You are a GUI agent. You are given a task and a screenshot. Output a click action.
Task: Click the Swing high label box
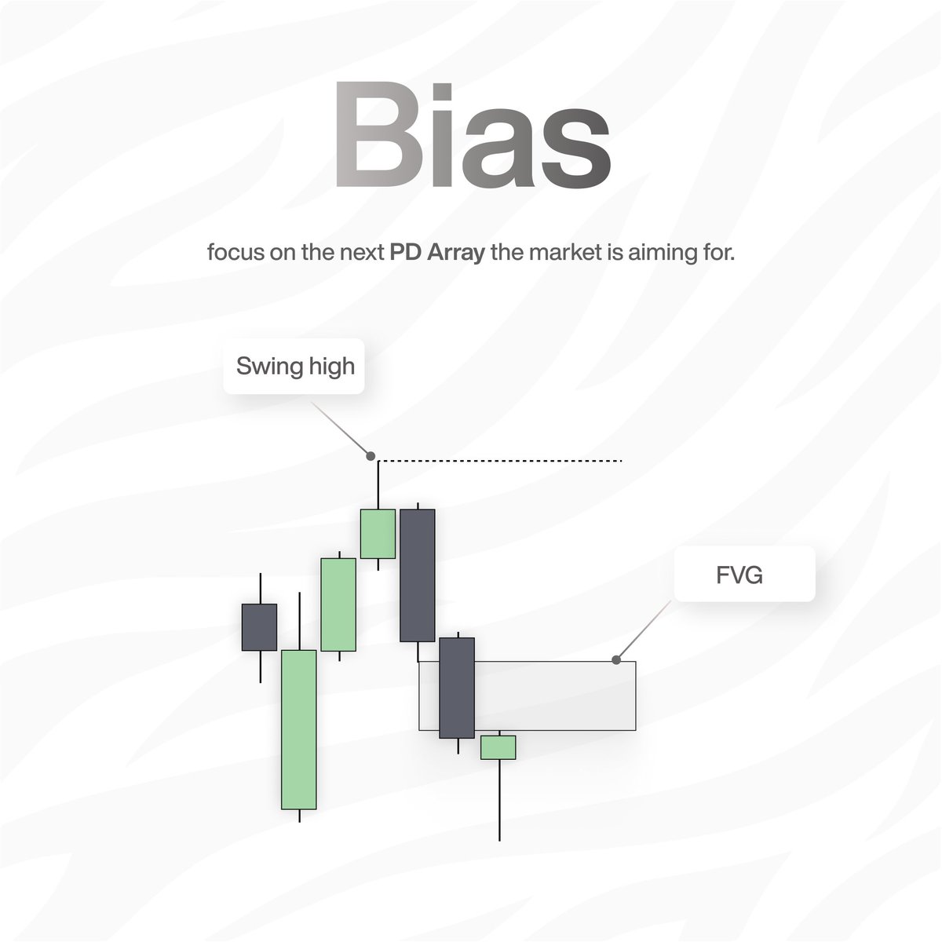295,366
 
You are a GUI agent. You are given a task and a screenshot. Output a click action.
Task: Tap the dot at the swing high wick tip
371,455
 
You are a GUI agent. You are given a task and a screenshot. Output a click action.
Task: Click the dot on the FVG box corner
616,660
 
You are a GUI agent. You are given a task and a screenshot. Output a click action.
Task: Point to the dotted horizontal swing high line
502,461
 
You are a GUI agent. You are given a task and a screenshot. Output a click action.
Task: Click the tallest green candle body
298,729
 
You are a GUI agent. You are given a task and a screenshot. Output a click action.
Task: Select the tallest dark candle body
417,575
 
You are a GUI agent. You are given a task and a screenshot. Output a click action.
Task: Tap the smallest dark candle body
259,626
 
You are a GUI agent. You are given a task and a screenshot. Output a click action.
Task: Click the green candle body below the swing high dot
378,534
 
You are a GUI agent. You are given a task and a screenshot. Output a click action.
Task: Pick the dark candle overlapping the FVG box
457,688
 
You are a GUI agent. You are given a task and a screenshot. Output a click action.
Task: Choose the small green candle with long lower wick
498,747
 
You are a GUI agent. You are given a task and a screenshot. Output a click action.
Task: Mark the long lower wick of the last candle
499,801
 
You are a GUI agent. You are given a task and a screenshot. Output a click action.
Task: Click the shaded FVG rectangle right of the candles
557,696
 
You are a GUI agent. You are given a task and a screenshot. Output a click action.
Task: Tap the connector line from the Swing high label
341,429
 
